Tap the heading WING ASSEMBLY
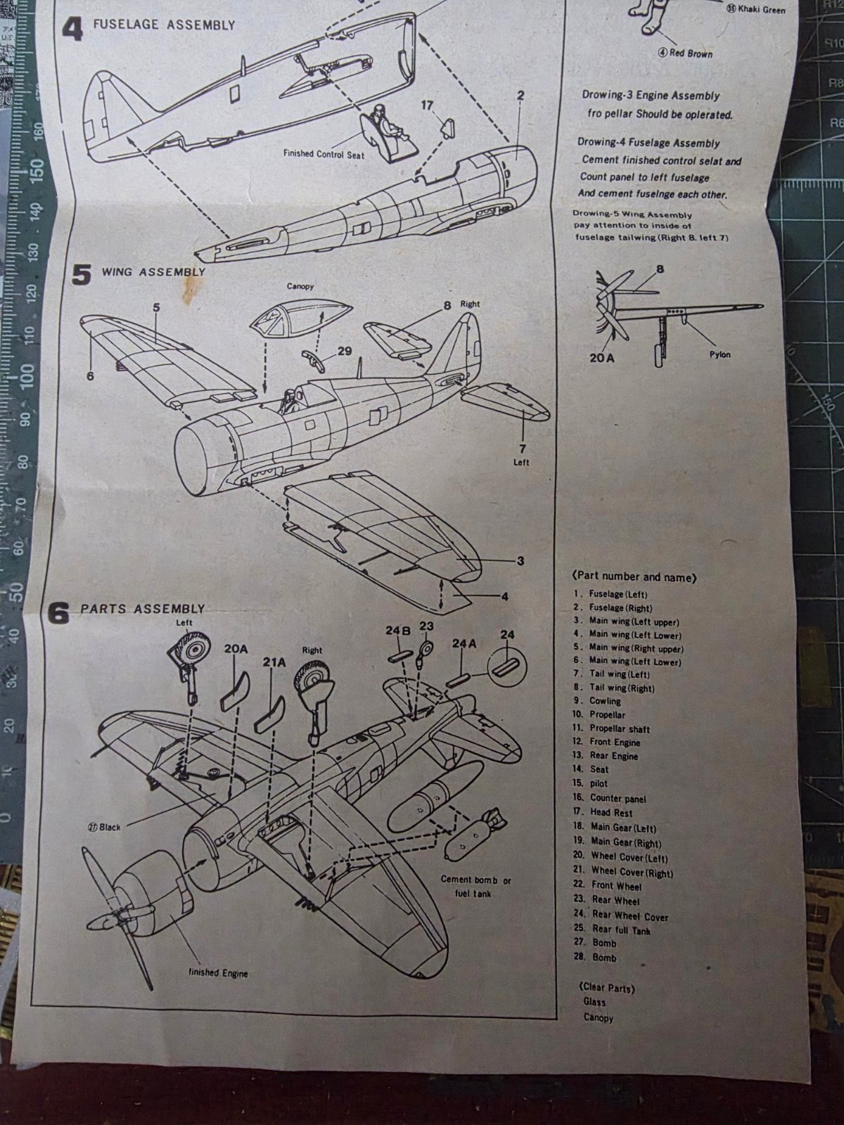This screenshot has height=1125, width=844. (153, 272)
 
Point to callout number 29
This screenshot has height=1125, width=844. (345, 350)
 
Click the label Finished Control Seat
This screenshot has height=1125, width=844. (324, 154)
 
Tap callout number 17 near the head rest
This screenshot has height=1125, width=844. (427, 105)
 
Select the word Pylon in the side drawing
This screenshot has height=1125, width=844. (720, 354)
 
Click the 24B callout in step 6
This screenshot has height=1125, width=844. (397, 631)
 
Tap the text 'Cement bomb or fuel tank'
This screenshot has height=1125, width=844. (476, 886)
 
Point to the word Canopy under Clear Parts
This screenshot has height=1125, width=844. (598, 1017)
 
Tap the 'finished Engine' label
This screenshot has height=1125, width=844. (218, 973)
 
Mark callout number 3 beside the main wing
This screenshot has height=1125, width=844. (520, 560)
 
